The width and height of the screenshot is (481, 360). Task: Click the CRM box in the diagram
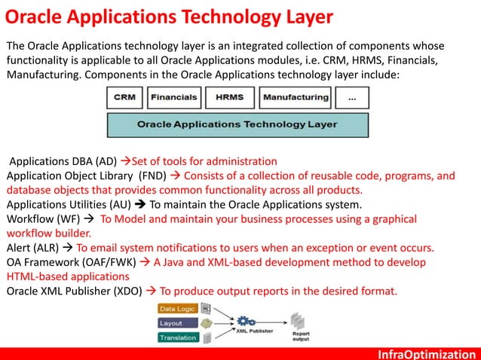tap(125, 97)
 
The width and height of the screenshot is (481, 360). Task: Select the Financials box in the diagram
tap(174, 97)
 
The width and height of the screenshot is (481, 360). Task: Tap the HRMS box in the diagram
tap(229, 97)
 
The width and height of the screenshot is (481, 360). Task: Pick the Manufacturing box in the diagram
tap(296, 97)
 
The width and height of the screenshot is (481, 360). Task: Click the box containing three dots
tap(352, 97)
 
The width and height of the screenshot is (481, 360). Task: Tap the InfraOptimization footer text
tap(427, 352)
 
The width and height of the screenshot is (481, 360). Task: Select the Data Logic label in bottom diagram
tap(176, 309)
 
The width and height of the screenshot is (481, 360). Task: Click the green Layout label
tap(171, 323)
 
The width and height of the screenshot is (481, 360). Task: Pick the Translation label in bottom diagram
tap(177, 337)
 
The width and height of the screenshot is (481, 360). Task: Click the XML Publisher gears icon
tap(246, 322)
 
